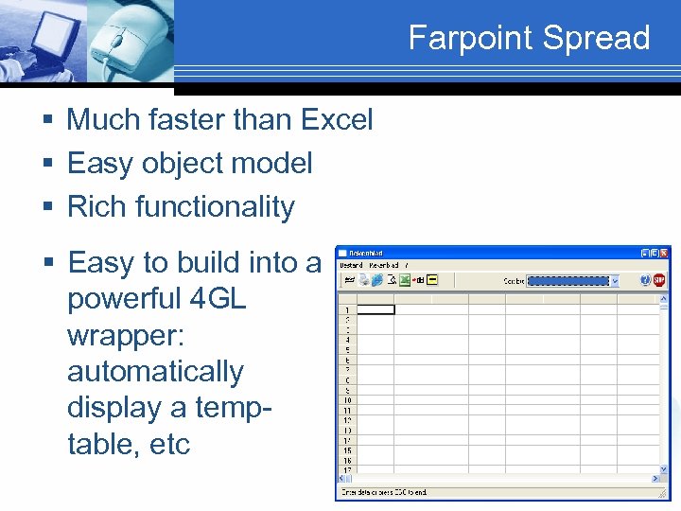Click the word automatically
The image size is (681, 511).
click(x=155, y=371)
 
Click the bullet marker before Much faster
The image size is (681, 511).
click(x=47, y=120)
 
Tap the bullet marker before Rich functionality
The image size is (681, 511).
click(x=47, y=207)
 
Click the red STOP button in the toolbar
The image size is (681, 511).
click(x=660, y=280)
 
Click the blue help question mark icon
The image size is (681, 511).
click(x=644, y=280)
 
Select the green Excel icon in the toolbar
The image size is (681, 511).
click(x=404, y=280)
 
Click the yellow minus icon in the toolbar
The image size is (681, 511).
click(x=432, y=280)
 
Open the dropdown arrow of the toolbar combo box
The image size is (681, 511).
click(x=615, y=281)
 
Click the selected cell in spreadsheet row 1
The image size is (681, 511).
click(x=375, y=309)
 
